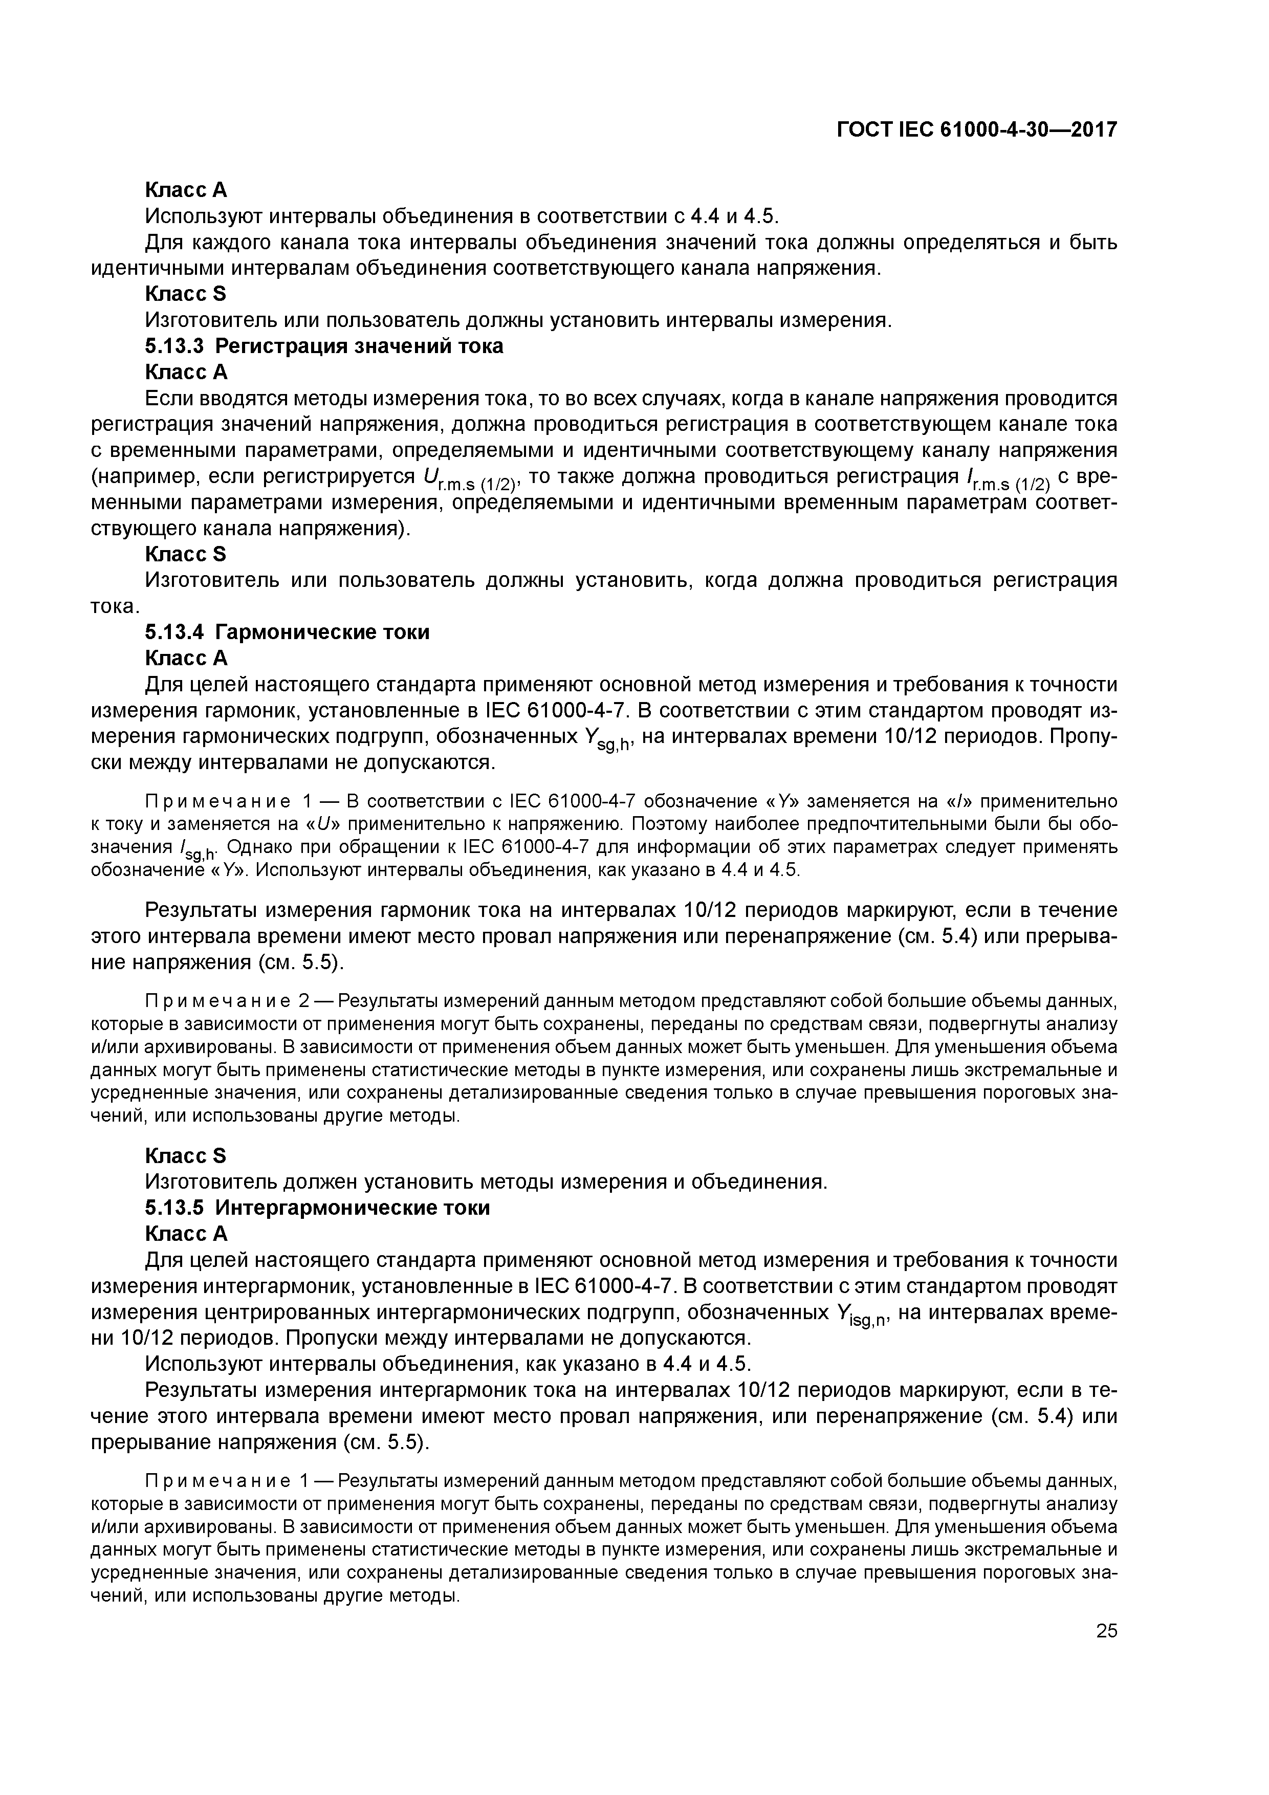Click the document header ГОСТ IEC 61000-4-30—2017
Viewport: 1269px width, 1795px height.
tap(976, 130)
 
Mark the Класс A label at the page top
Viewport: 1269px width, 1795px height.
tap(186, 190)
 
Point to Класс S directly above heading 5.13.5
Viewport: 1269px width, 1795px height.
tap(186, 1155)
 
